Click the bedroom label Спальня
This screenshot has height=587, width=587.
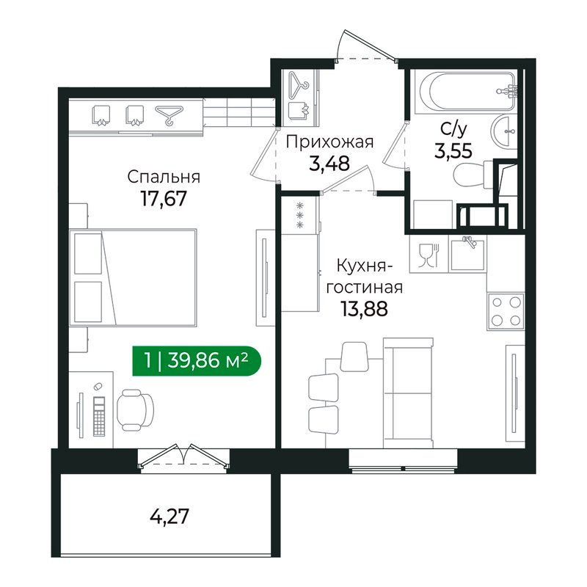click(164, 177)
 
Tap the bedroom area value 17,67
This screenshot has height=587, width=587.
click(164, 200)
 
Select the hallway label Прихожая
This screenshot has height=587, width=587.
click(329, 142)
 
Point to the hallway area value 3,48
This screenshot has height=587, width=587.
click(329, 162)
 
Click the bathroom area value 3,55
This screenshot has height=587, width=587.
click(451, 151)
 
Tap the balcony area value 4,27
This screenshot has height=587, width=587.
click(169, 517)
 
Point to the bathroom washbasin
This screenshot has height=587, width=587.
click(505, 133)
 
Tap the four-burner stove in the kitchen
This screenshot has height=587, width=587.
click(505, 310)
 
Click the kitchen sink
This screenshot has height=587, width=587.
click(467, 254)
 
